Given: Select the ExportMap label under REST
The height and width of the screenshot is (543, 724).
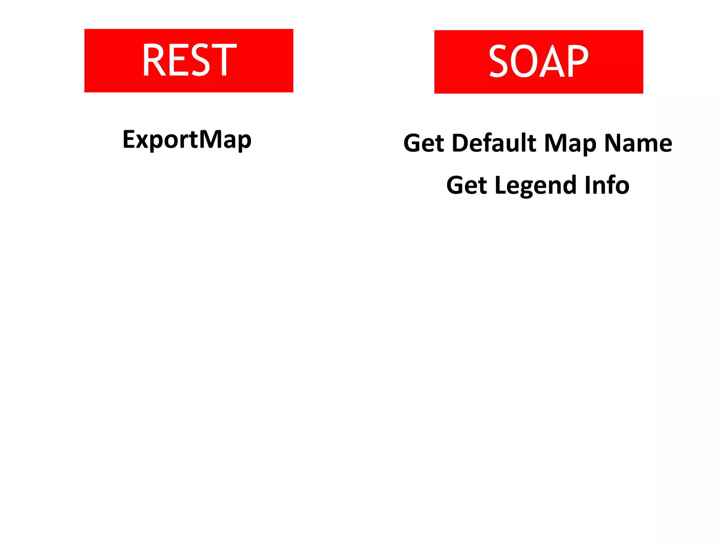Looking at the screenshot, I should point(187,139).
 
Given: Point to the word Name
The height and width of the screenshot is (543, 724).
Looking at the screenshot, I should point(638,143).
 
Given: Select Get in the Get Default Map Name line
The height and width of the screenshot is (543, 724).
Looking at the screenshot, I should point(424,143).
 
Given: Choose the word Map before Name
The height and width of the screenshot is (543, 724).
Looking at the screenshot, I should point(570,144).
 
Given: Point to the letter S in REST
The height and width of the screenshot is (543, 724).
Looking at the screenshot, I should point(200,60).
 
